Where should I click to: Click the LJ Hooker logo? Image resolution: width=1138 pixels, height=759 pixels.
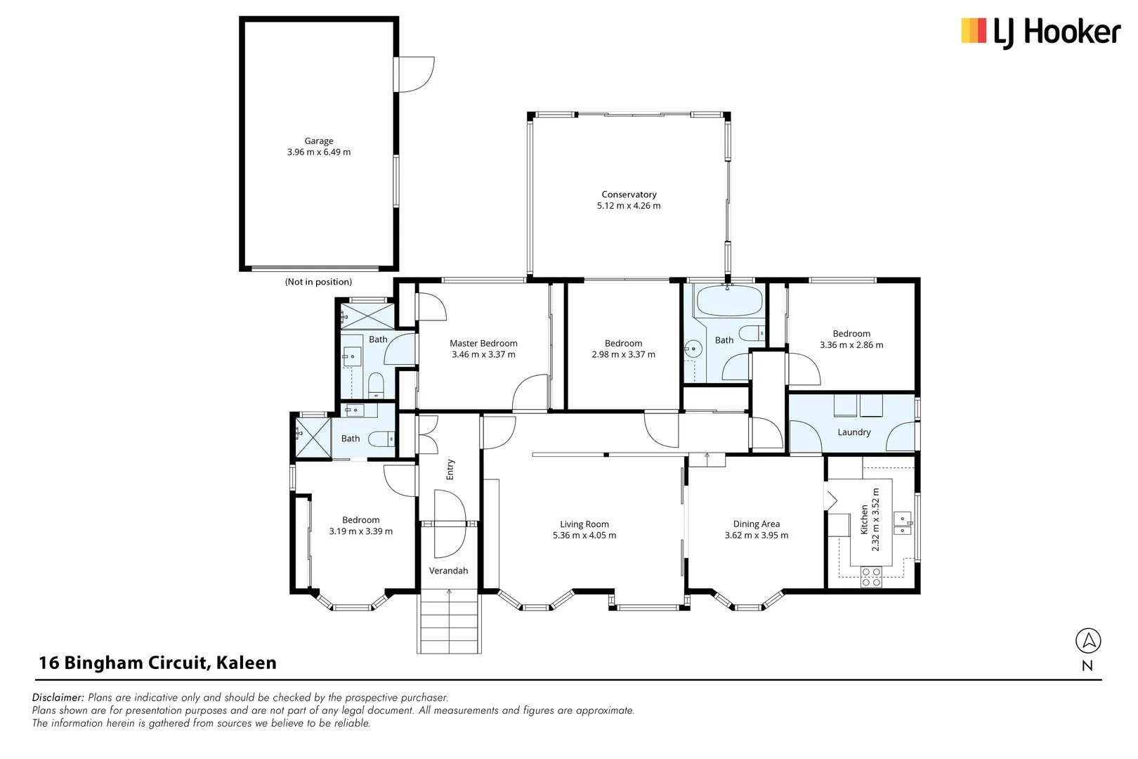[1040, 32]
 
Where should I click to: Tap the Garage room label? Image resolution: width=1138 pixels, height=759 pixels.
[318, 141]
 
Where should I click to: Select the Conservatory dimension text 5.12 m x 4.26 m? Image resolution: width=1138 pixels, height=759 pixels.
[629, 206]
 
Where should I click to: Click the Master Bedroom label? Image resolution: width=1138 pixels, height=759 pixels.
[483, 343]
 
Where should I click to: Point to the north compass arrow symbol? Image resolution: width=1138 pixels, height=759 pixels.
[1087, 640]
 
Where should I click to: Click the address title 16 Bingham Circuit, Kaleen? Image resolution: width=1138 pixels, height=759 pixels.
[157, 663]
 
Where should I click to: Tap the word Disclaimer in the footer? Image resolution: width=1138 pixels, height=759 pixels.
[58, 697]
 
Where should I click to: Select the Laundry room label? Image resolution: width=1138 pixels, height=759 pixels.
[853, 432]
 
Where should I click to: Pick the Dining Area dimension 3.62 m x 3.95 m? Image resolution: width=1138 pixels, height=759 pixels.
[756, 535]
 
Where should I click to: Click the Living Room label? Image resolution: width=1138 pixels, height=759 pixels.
[584, 524]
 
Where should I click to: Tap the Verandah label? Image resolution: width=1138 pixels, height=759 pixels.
[448, 571]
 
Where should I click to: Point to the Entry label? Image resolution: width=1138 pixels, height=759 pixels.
[450, 469]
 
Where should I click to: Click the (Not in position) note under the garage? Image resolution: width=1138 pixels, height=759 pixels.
[318, 282]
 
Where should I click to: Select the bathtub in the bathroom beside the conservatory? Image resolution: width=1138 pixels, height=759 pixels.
[728, 301]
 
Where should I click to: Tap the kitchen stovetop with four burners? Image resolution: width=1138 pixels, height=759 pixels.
[871, 577]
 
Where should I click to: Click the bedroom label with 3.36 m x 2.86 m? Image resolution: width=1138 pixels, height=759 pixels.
[851, 333]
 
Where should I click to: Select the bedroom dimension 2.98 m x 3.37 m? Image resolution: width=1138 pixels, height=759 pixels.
[623, 354]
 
